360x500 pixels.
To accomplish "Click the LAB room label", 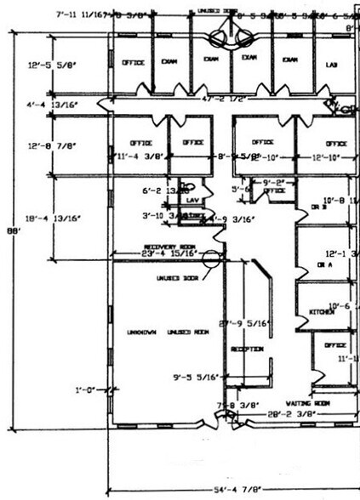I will click(331, 65).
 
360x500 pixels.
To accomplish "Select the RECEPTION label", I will click(244, 349).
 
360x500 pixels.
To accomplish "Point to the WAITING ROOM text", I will click(308, 402).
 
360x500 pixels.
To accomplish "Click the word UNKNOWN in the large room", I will click(143, 331).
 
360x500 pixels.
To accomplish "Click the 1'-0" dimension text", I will click(85, 389).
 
